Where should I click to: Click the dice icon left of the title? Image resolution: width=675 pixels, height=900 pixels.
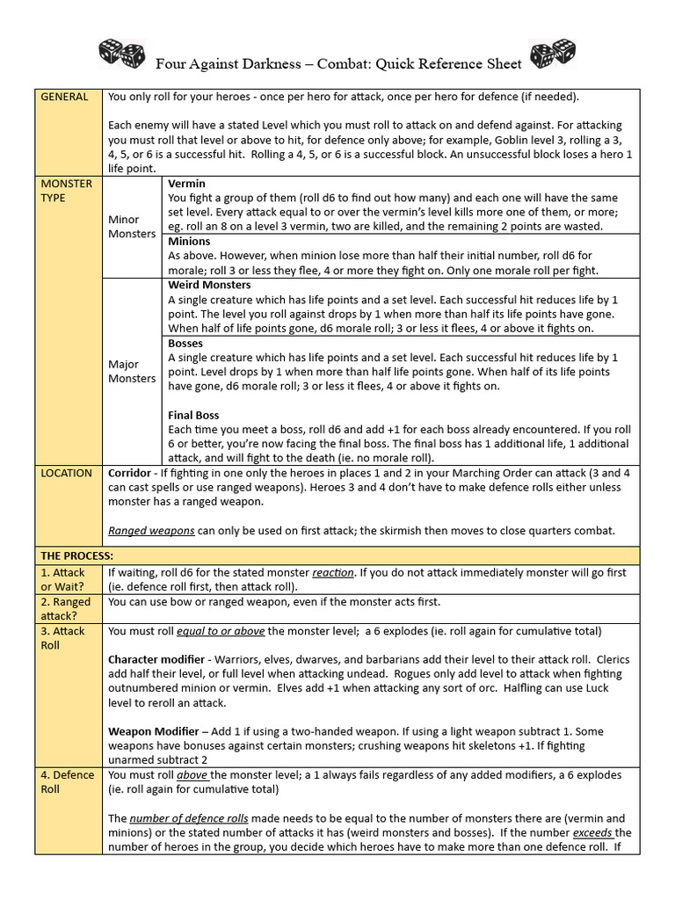click(121, 54)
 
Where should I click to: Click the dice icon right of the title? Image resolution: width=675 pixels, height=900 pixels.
click(553, 54)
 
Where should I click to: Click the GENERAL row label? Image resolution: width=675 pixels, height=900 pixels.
click(64, 97)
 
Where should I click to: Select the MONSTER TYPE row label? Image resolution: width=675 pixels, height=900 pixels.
click(66, 190)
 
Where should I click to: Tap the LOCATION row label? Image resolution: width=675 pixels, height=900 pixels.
click(66, 473)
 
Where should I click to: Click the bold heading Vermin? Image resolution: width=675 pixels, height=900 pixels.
click(186, 183)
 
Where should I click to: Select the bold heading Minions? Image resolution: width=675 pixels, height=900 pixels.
click(189, 241)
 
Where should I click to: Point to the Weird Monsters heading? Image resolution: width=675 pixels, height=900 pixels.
click(209, 285)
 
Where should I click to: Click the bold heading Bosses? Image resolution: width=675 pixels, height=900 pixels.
click(185, 343)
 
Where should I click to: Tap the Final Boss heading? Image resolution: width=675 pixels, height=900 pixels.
click(193, 415)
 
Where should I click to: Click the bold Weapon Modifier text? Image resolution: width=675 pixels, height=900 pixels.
click(152, 731)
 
